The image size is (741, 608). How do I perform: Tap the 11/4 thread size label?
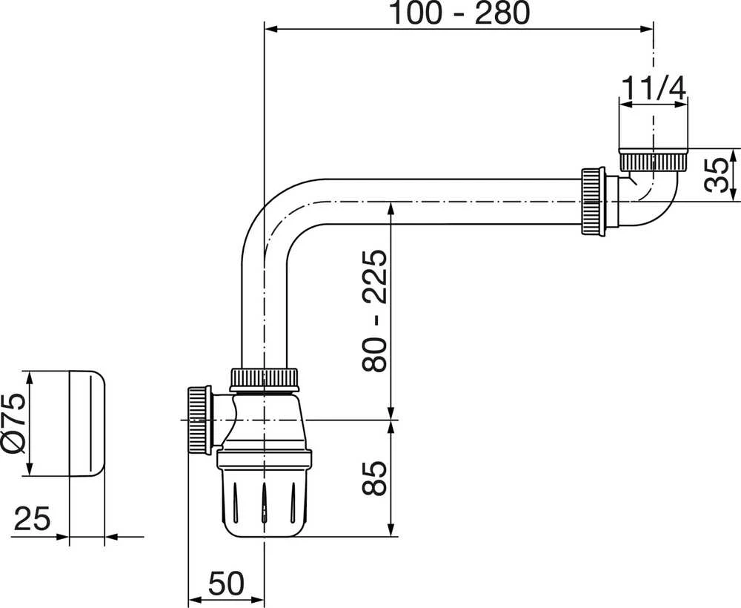(x=653, y=88)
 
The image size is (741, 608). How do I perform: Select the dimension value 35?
(x=717, y=175)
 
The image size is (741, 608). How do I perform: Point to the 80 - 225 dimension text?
(x=374, y=310)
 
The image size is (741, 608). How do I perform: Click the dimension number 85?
(x=374, y=478)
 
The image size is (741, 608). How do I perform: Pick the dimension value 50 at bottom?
(x=226, y=583)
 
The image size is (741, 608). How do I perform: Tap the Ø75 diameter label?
(x=14, y=423)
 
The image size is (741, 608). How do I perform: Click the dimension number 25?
(x=32, y=518)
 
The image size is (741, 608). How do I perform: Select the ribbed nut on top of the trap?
(x=265, y=379)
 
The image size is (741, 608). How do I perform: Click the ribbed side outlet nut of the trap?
(x=200, y=420)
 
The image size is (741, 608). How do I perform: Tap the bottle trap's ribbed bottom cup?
(x=265, y=494)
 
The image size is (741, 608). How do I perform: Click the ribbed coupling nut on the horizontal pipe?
(x=593, y=202)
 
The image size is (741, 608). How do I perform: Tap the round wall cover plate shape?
(x=87, y=423)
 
